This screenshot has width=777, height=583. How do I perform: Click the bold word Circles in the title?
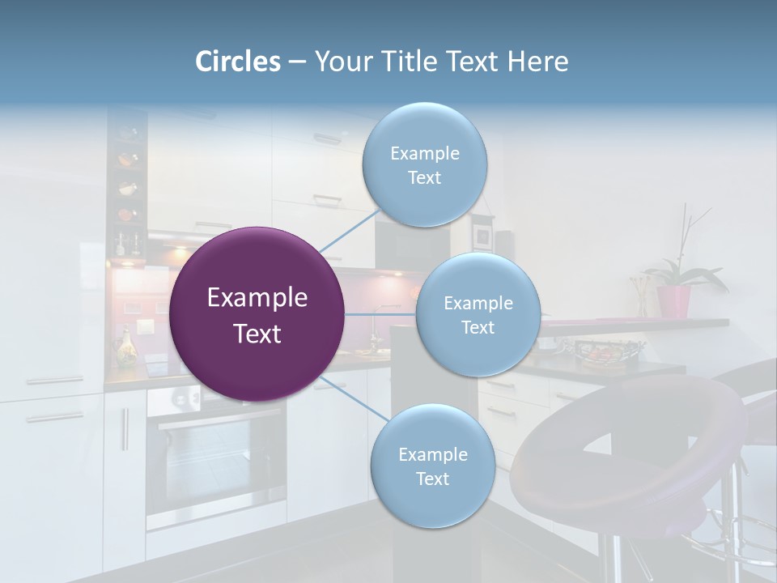(237, 62)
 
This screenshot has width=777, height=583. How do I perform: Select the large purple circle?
(257, 314)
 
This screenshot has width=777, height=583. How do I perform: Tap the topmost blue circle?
(424, 165)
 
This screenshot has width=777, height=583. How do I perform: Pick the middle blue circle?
(478, 315)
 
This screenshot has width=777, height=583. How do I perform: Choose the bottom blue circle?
(432, 466)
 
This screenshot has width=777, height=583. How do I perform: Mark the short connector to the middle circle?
(380, 314)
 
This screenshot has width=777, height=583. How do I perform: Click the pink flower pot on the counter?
(673, 300)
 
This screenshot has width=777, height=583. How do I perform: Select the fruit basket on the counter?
(602, 352)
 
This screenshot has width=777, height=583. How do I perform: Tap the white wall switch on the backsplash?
(146, 327)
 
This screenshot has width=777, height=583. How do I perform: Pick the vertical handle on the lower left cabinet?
(125, 429)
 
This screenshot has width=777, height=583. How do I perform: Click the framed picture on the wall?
(482, 236)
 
